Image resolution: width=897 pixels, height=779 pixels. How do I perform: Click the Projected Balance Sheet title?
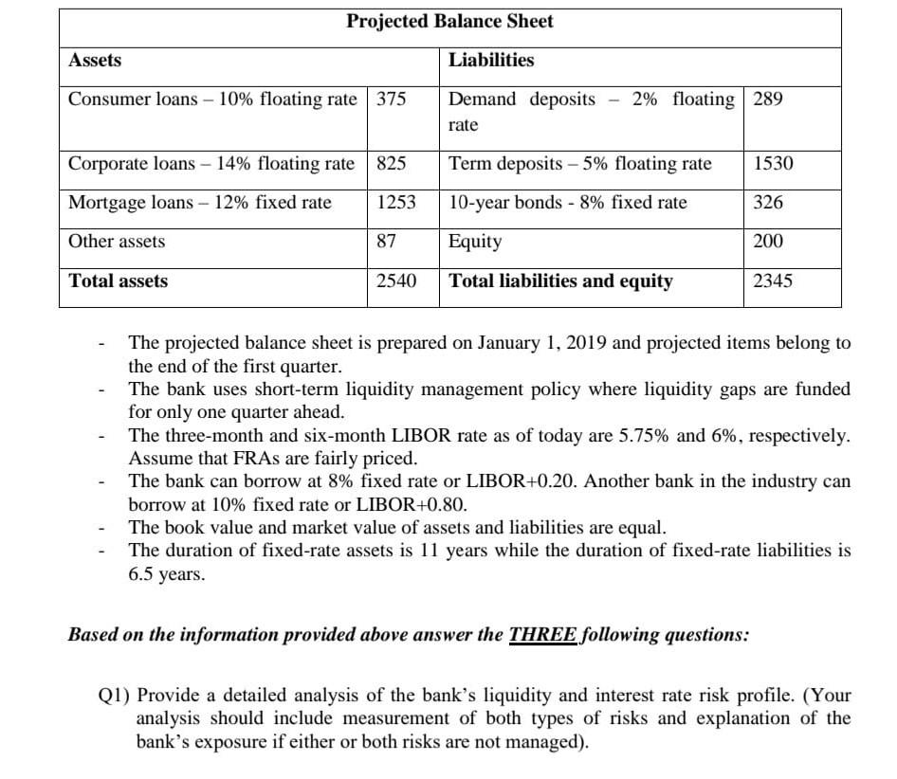click(449, 21)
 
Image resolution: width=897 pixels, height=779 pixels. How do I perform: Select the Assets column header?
click(95, 61)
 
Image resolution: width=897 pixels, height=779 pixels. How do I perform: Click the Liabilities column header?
click(491, 61)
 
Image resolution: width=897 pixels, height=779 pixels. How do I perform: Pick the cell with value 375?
click(391, 100)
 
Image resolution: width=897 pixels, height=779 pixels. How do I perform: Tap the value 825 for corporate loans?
click(391, 164)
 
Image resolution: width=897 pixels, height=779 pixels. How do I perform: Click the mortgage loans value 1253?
click(395, 203)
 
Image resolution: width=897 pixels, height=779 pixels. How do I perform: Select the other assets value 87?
click(386, 242)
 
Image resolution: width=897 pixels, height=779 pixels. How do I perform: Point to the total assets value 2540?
click(395, 281)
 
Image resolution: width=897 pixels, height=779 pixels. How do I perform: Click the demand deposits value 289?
click(768, 100)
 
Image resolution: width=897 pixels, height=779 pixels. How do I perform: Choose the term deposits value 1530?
click(773, 164)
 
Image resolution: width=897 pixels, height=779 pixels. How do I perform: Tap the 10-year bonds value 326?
click(768, 203)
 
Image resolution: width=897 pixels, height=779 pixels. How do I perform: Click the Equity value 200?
click(768, 242)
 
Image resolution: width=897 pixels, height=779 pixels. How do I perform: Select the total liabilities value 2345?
click(773, 281)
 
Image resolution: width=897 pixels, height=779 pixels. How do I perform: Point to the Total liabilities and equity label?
click(560, 281)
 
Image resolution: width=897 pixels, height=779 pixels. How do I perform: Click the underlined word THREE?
click(542, 635)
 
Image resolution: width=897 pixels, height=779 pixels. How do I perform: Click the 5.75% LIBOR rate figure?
click(645, 437)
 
